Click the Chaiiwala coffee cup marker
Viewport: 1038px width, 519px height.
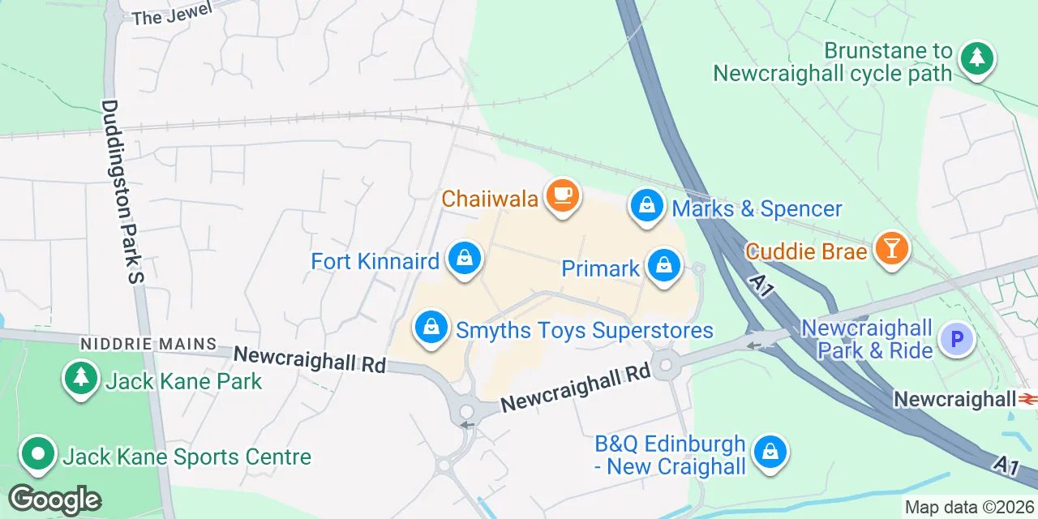(562, 195)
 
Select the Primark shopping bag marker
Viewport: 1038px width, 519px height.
(664, 265)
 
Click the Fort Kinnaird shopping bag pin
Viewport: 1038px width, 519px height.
(464, 259)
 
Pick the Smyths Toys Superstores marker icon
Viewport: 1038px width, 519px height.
(431, 328)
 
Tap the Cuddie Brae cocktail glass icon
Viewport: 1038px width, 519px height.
(891, 248)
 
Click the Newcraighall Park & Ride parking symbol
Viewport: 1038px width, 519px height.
(956, 340)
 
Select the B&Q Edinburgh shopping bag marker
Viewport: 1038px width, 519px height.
(769, 452)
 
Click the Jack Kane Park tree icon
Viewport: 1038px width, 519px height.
(80, 378)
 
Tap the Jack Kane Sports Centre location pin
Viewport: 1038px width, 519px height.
(37, 454)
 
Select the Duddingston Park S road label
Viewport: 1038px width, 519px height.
(122, 191)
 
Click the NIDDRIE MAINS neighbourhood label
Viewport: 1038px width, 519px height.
(148, 345)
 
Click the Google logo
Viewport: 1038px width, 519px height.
(55, 499)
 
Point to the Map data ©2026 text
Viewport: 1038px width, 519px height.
(970, 508)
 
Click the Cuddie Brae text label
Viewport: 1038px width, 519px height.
(806, 251)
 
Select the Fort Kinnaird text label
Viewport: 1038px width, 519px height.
(375, 261)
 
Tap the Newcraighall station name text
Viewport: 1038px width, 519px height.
(954, 399)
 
